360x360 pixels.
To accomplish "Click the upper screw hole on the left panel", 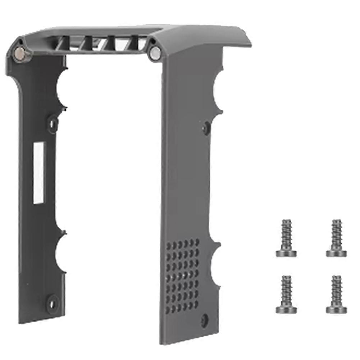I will [53, 123].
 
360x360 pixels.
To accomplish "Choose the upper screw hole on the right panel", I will [206, 127].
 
